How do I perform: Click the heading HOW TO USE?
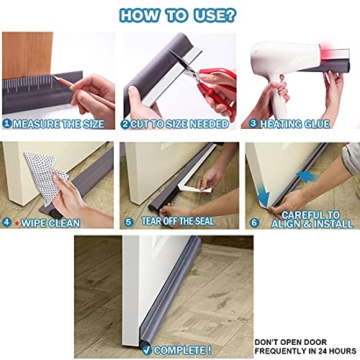click(180, 14)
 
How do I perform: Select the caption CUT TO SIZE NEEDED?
click(179, 124)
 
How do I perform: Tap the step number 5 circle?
click(128, 221)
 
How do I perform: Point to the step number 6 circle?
click(253, 221)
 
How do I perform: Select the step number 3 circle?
click(253, 124)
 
